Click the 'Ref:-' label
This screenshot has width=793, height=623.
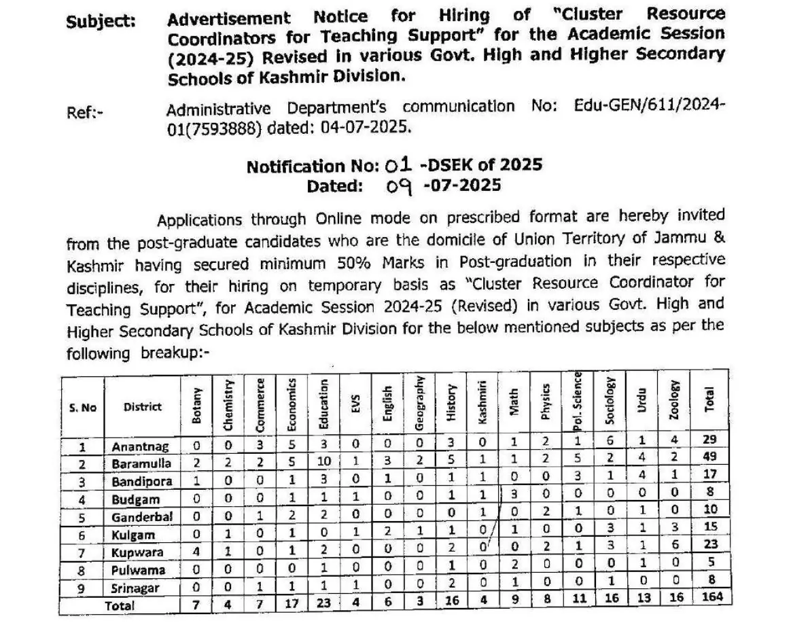click(85, 113)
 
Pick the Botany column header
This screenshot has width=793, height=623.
click(197, 406)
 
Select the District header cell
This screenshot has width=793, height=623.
click(143, 407)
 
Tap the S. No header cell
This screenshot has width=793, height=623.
click(83, 408)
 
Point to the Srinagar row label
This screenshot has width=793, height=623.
click(137, 588)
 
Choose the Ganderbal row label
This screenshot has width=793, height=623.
click(142, 517)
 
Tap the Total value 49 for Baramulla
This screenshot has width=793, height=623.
click(709, 457)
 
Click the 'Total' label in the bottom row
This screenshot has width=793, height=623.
click(120, 605)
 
